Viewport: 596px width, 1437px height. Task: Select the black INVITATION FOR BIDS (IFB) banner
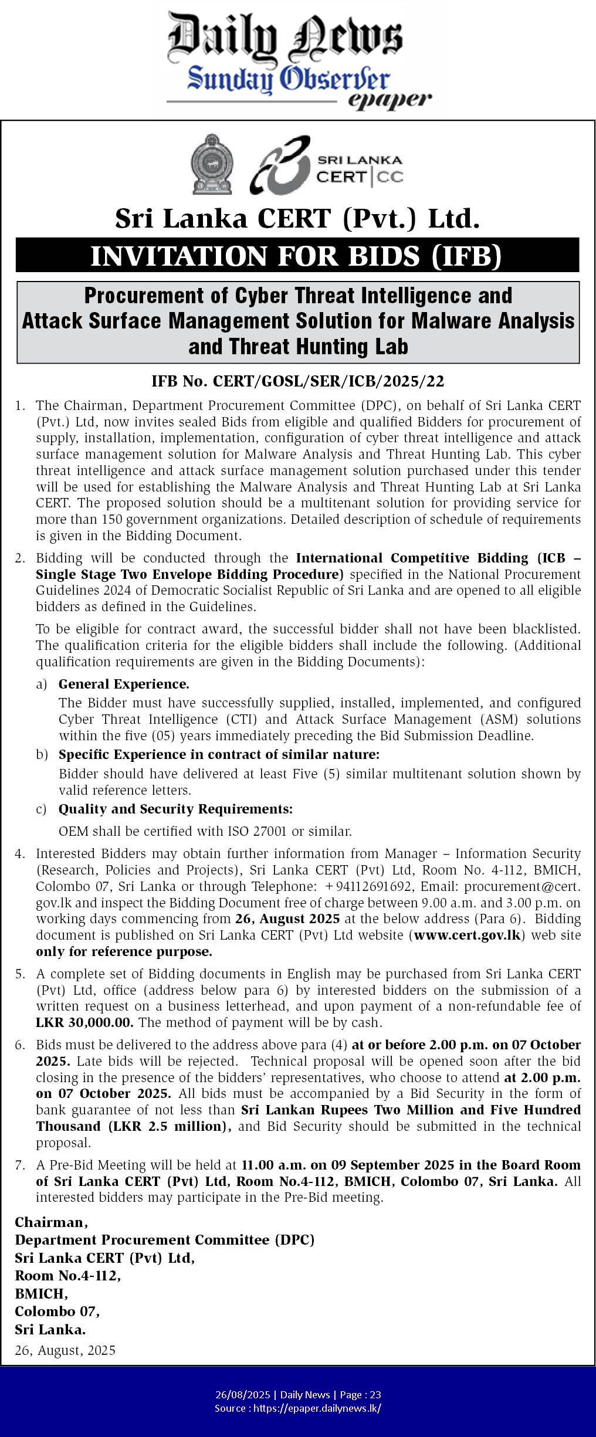297,256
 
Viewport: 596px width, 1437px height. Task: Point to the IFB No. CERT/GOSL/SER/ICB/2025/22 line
297,382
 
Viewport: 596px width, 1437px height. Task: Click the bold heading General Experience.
124,684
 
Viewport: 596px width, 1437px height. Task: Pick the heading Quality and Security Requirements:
175,809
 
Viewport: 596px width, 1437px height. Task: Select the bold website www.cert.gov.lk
467,935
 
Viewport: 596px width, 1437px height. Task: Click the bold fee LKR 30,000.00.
84,1022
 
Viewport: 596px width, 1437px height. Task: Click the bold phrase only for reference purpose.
124,951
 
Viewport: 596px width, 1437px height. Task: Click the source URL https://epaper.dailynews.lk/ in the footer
322,1408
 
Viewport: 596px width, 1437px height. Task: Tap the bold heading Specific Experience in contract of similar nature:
219,754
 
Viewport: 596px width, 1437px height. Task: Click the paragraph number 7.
19,1165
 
